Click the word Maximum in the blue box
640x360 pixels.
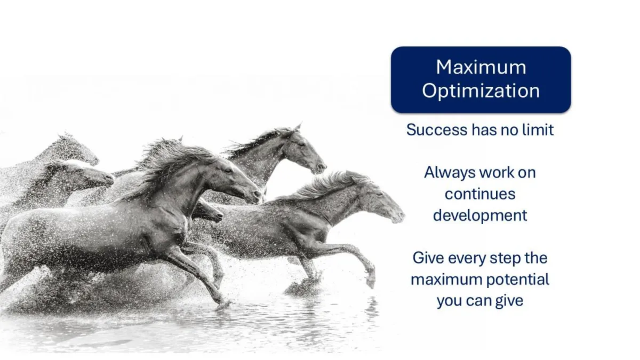[x=481, y=67]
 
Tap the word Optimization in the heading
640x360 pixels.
[x=481, y=91]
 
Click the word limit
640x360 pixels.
[x=538, y=130]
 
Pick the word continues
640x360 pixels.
[x=480, y=194]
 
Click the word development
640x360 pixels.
[x=480, y=216]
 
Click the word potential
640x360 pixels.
[x=518, y=279]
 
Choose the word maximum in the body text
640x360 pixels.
[x=446, y=279]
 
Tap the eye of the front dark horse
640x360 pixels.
[x=228, y=171]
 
